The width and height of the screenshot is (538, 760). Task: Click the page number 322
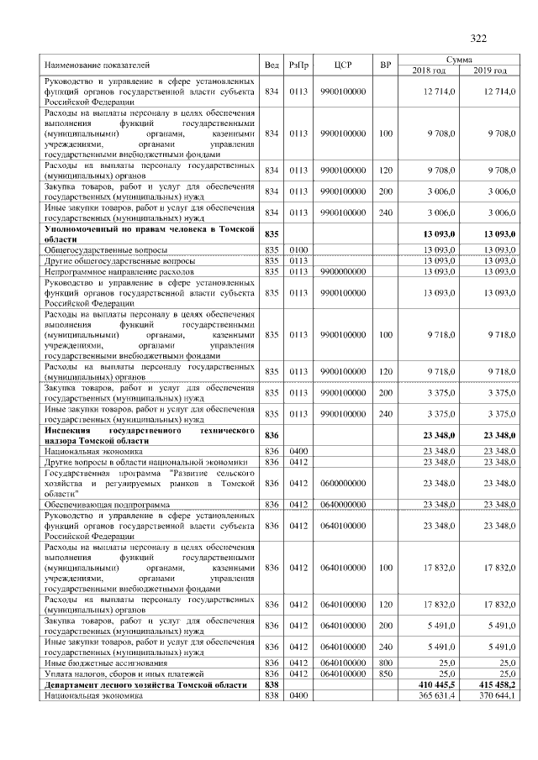pos(478,38)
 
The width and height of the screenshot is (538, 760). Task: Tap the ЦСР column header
pos(341,65)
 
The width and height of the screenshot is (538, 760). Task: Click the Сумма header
pos(459,60)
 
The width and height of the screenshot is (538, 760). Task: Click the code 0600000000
pos(341,482)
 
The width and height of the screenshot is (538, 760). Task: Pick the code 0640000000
pos(341,503)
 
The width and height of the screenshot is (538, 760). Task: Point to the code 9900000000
pos(341,271)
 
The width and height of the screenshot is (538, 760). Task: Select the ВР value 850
pos(385,674)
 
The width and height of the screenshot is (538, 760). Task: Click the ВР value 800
pos(385,663)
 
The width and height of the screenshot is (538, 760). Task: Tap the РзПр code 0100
pos(298,249)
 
